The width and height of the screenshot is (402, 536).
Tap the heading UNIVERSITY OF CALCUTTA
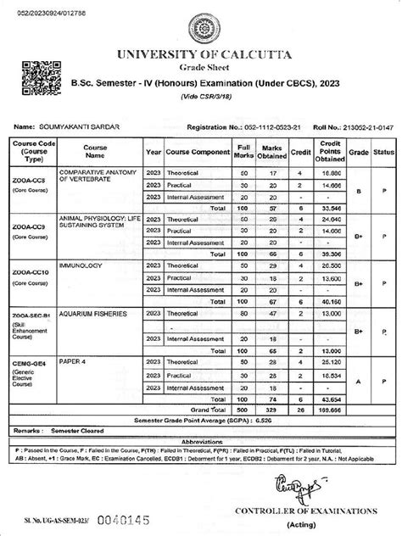[x=200, y=55]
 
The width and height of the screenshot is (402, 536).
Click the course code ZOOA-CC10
[x=31, y=271]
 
